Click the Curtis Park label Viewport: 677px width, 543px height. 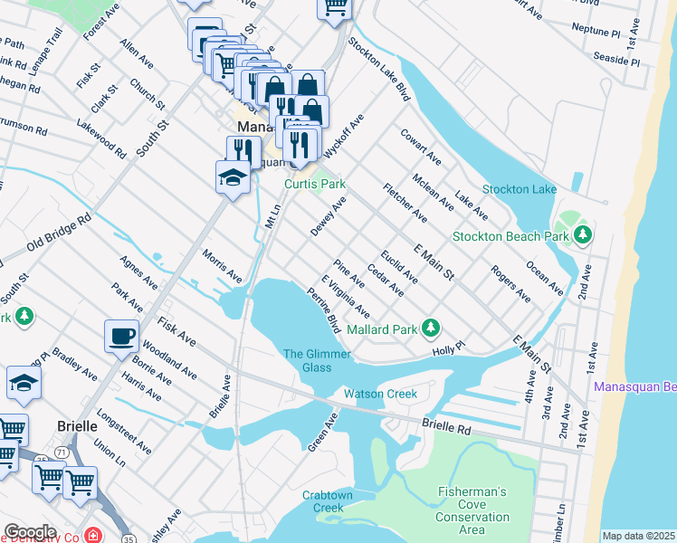click(315, 184)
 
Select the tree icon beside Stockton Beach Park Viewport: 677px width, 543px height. click(584, 236)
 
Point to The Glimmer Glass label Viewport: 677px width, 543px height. click(317, 360)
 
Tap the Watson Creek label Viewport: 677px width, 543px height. click(380, 394)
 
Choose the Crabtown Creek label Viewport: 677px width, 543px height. click(329, 501)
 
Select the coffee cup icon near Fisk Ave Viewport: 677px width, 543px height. click(122, 337)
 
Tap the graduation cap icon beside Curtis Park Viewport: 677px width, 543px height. click(233, 176)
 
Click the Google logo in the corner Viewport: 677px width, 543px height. click(29, 531)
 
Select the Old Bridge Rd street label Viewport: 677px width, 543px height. click(59, 233)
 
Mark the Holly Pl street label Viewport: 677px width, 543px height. click(448, 348)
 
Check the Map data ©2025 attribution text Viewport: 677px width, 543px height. click(638, 536)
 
